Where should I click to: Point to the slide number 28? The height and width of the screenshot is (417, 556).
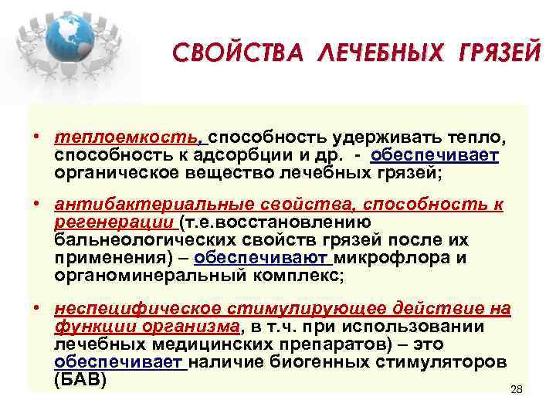click(517, 389)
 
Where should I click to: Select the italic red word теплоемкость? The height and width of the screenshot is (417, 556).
click(125, 138)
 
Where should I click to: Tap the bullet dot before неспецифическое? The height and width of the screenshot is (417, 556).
click(37, 310)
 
